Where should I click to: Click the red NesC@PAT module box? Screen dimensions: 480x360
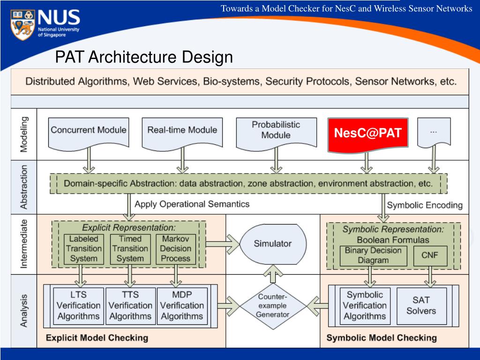coord(368,134)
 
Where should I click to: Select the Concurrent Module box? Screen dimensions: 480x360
coord(89,134)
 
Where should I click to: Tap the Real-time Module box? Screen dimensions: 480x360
coord(182,134)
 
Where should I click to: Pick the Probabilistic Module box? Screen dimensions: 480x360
coord(276,134)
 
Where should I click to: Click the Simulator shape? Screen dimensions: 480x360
coord(273,244)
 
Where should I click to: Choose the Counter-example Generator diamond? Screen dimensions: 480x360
coord(273,306)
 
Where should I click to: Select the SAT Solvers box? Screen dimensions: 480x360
coord(421,306)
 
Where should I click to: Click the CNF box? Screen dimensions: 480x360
coord(430,255)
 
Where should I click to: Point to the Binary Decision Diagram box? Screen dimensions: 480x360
coord(373,255)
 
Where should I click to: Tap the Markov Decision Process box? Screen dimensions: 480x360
coord(176,249)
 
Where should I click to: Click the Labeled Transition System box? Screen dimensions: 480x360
coord(83,249)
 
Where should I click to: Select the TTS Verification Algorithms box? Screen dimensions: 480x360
coord(130,306)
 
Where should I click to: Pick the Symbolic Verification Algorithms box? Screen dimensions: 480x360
coord(365,306)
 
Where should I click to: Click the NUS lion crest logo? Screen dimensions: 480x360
coord(23,24)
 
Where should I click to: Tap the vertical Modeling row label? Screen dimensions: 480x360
coord(24,134)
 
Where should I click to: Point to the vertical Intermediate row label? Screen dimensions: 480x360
coord(24,244)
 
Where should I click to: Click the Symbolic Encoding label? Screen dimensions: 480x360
coord(425,205)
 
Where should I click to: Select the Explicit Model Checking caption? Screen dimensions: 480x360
coord(97,337)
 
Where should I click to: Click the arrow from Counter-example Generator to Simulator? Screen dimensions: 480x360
coord(273,274)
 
